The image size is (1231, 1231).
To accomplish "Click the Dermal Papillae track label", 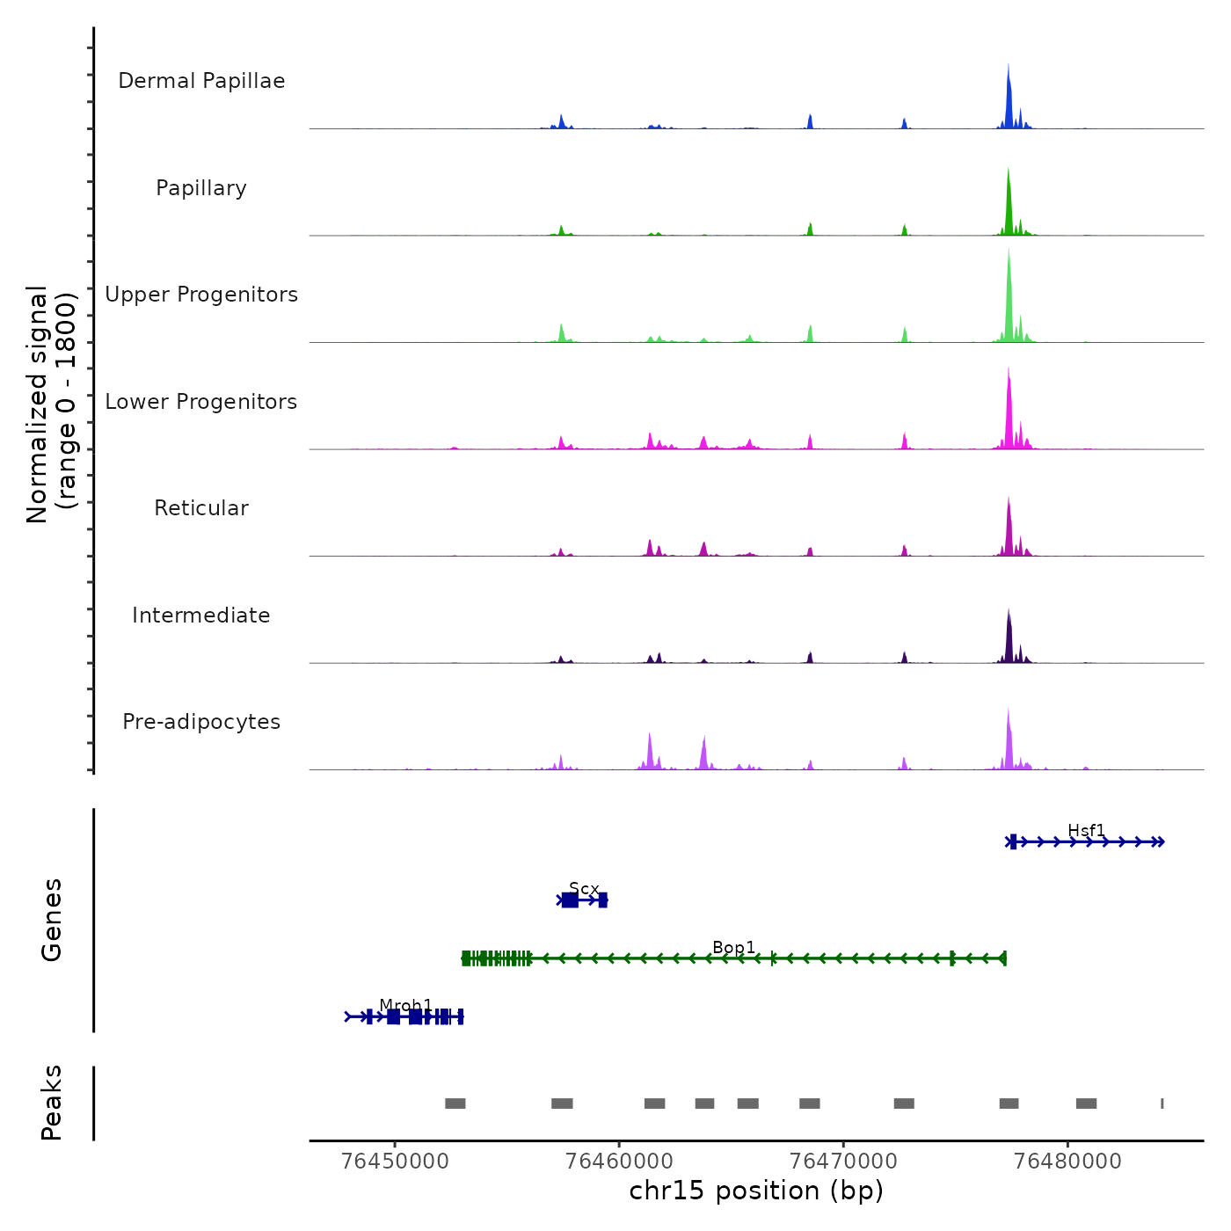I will pos(201,81).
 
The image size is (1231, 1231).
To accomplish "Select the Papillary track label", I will pos(201,188).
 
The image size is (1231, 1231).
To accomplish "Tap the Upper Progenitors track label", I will pos(201,295).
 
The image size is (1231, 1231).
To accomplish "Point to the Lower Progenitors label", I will pos(201,402).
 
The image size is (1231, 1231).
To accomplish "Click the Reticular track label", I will pos(201,508).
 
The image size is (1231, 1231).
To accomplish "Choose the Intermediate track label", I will pos(201,615).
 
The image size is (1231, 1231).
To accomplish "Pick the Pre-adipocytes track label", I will pos(201,722).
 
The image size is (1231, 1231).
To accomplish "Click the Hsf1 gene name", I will pos(1086,831).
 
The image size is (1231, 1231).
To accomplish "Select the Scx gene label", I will pos(584,889).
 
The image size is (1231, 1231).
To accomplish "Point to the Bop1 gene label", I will pos(734,947).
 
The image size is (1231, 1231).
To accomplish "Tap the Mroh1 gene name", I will pos(406,1005).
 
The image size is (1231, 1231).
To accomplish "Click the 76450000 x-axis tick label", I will pos(395,1162).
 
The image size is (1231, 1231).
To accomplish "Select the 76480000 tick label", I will pos(1067,1162).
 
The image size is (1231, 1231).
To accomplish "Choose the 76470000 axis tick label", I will pos(843,1162).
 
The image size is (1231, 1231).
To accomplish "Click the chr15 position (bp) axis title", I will pos(756,1191).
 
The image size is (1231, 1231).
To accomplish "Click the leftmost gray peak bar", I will pos(455,1104).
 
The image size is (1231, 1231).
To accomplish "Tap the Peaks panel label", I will pos(51,1103).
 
